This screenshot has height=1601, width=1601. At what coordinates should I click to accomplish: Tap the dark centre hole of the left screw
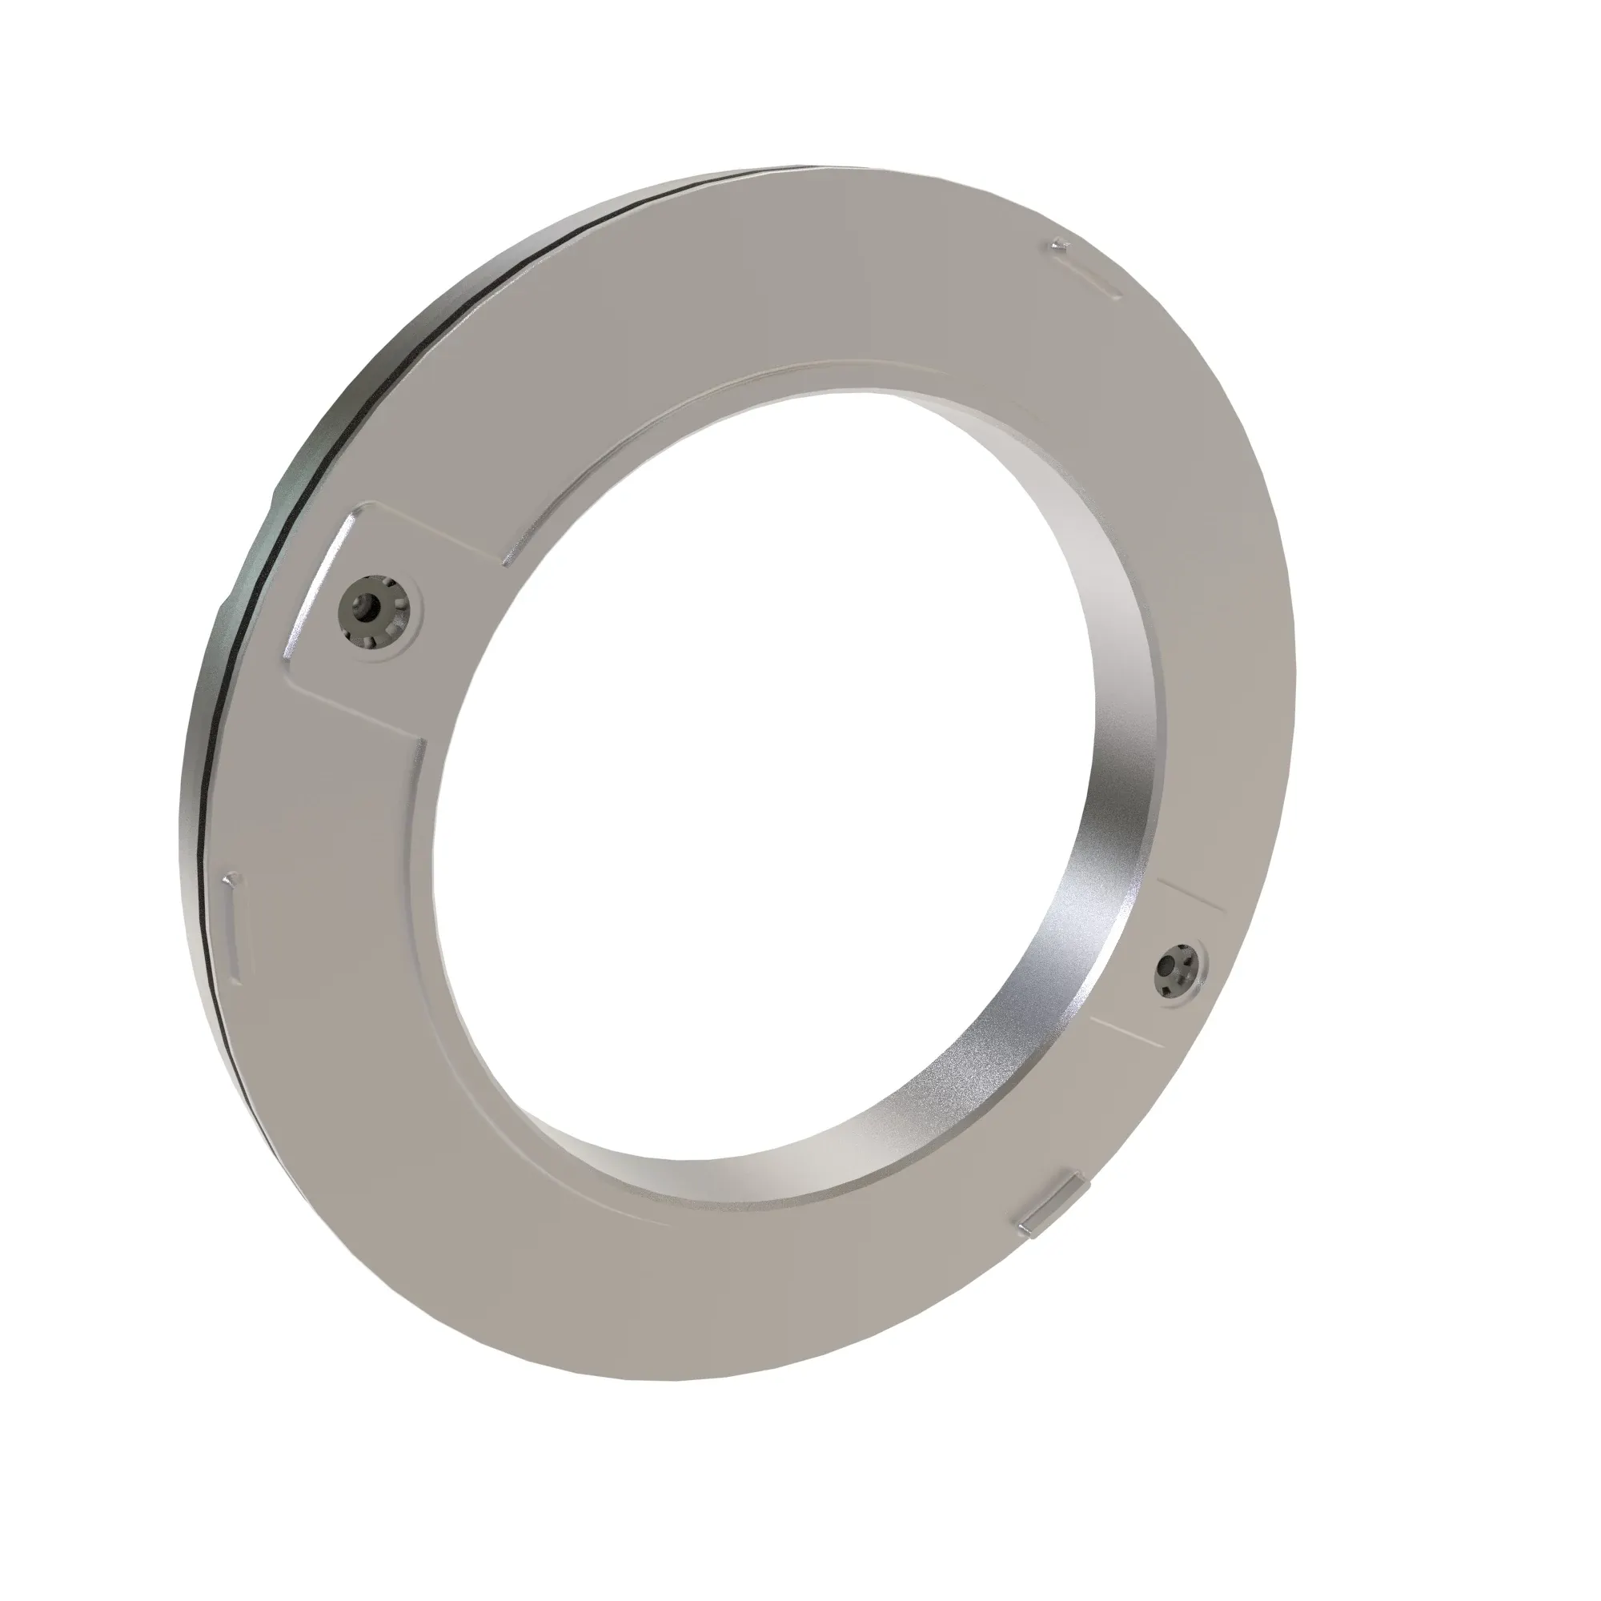click(366, 608)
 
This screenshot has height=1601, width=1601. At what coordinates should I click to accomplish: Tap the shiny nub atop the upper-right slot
click(1058, 245)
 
